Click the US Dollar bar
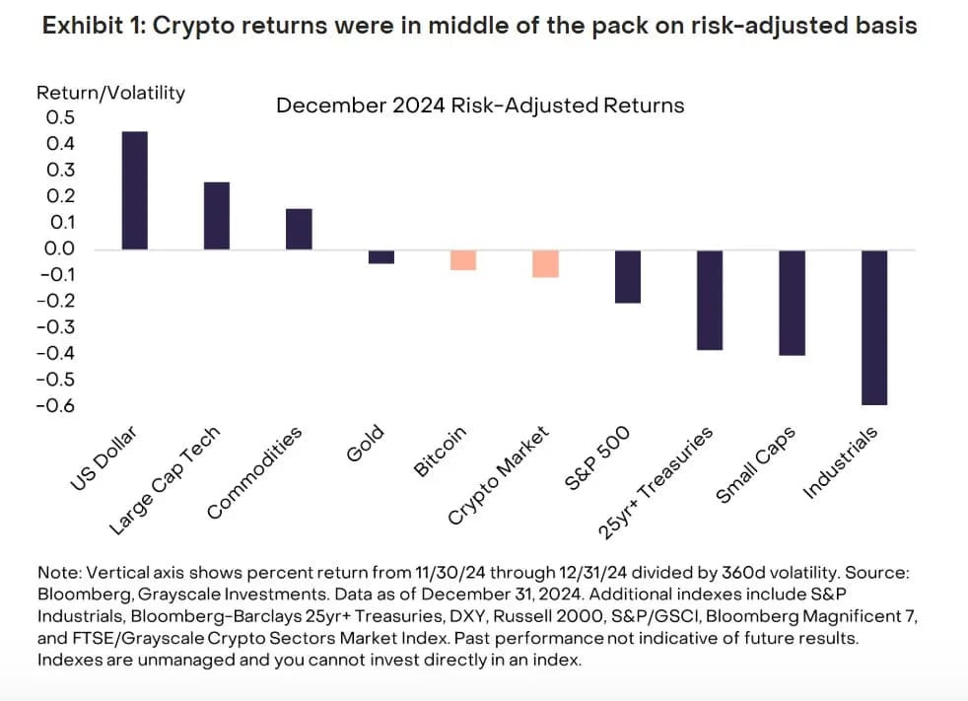click(135, 190)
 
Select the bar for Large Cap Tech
click(217, 216)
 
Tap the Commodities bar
click(299, 229)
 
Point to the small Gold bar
click(380, 256)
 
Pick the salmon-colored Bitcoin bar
click(463, 259)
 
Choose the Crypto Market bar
click(545, 263)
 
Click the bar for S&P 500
click(628, 276)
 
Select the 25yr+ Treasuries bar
click(710, 300)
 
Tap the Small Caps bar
click(793, 303)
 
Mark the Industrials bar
click(874, 327)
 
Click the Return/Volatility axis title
click(110, 93)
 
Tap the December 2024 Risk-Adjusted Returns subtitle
click(480, 105)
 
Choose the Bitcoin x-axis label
click(440, 453)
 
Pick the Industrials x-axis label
click(840, 463)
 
